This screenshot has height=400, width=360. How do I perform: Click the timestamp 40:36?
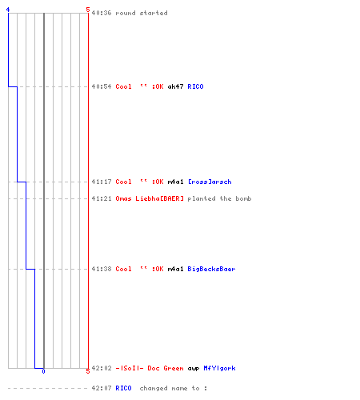102,13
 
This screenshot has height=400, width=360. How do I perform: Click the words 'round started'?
142,13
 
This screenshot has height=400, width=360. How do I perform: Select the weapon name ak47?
175,86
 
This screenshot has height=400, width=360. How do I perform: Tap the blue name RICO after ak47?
195,86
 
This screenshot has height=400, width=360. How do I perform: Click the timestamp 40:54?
102,86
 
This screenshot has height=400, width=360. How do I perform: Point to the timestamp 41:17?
102,182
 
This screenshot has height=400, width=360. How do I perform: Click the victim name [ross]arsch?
210,182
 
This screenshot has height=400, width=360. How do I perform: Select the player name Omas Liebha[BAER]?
150,198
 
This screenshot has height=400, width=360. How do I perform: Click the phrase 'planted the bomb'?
219,198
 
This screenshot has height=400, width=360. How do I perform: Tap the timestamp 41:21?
102,198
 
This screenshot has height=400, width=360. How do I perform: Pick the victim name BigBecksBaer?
211,269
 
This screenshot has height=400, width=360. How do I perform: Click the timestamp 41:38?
102,269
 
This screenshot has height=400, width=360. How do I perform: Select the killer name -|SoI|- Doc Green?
150,368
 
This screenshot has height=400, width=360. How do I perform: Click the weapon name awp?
194,369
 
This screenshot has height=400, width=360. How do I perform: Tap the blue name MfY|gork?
219,368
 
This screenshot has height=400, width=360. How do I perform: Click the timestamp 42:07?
102,388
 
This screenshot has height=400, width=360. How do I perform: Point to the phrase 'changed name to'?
170,388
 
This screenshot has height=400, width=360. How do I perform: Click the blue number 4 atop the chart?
8,10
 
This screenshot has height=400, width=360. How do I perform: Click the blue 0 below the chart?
43,371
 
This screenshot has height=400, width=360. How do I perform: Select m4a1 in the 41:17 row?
175,182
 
